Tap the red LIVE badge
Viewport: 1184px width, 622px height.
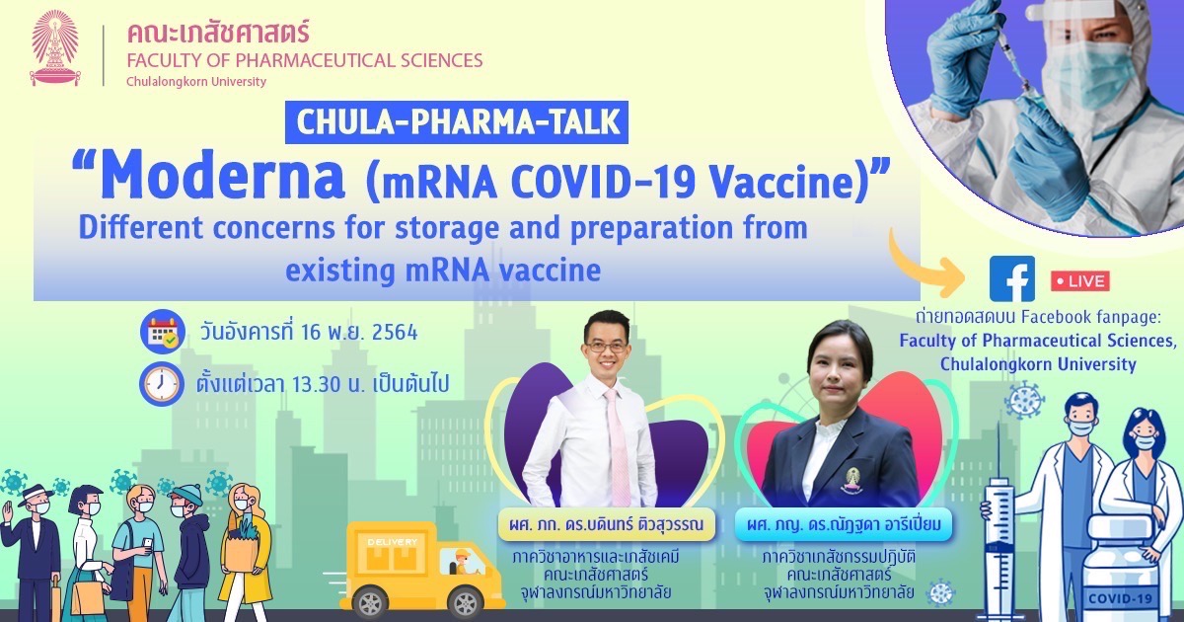[1079, 280]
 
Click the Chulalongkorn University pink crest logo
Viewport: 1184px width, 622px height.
[55, 47]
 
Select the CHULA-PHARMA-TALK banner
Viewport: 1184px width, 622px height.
[457, 122]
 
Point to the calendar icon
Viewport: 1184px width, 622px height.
[162, 332]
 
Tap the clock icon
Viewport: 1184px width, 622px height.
[162, 383]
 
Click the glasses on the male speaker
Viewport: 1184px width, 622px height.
[606, 347]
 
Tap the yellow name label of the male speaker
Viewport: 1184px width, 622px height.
[606, 524]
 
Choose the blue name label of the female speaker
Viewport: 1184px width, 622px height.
[844, 524]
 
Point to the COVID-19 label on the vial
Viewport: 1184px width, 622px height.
[1120, 598]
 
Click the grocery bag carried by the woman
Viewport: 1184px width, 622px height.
[242, 546]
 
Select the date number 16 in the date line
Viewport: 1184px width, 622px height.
[312, 333]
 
